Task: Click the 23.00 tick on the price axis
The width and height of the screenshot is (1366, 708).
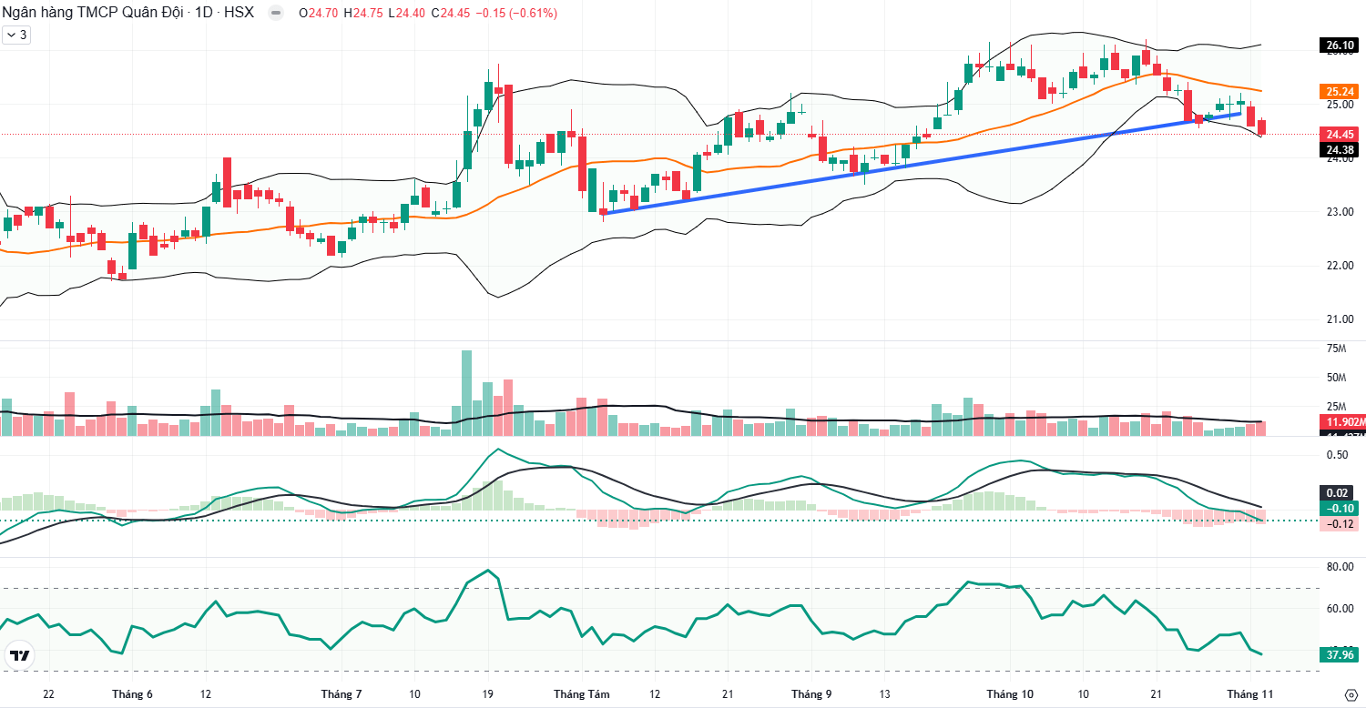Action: click(x=1339, y=212)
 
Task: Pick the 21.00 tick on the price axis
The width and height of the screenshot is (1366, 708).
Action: click(x=1339, y=319)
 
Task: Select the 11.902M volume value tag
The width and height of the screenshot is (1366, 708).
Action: click(x=1341, y=422)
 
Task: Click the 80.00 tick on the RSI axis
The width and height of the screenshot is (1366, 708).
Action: click(x=1339, y=566)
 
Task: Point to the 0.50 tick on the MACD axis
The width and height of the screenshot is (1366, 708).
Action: click(x=1337, y=454)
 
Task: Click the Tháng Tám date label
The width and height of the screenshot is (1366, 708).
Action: click(x=581, y=694)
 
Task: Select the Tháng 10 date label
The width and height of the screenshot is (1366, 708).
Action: click(x=1010, y=694)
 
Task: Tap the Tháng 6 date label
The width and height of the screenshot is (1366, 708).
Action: click(x=132, y=694)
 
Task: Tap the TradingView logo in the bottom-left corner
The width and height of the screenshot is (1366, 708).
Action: click(x=19, y=655)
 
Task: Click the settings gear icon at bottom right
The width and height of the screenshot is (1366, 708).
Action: click(x=1351, y=695)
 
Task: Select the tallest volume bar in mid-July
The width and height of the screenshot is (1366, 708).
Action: click(x=467, y=391)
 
